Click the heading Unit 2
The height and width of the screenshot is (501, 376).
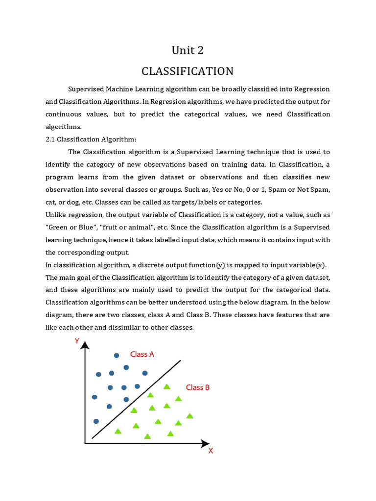click(x=188, y=50)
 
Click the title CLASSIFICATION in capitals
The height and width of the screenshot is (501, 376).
click(x=188, y=71)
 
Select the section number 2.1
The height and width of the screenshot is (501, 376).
click(x=51, y=139)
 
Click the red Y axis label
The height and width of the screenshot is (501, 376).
click(x=77, y=341)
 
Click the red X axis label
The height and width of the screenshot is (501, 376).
click(x=211, y=451)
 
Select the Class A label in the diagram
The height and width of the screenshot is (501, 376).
click(x=142, y=354)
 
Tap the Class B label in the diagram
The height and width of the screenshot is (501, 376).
click(x=198, y=387)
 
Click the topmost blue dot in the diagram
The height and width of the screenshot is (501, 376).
click(x=117, y=356)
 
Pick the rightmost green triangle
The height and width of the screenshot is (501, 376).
click(x=190, y=416)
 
